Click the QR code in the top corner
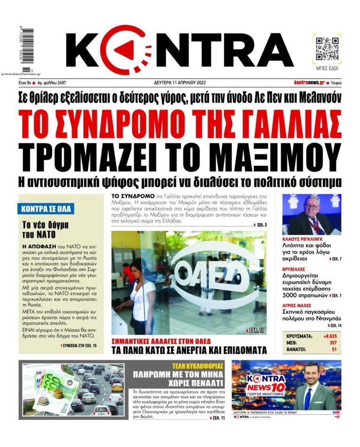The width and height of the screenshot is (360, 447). tap(327, 48)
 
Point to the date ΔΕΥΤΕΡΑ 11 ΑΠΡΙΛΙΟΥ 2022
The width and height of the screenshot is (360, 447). tap(180, 83)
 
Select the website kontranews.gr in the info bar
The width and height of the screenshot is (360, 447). tap(309, 83)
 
